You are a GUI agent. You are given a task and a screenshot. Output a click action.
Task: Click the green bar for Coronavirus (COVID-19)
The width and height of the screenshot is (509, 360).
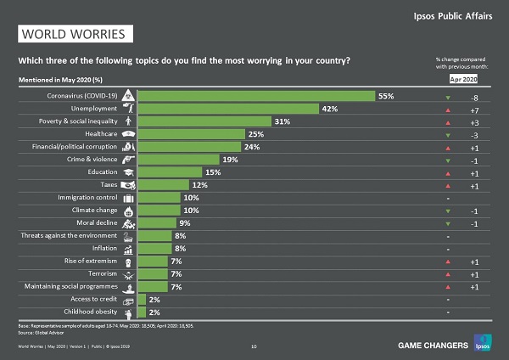tap(255, 96)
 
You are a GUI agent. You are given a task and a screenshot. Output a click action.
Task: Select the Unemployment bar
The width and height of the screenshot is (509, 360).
tap(227, 109)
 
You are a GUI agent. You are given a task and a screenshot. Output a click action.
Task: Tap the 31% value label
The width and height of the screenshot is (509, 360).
tap(282, 121)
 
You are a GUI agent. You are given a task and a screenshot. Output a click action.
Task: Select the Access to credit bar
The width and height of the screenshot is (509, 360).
tap(142, 299)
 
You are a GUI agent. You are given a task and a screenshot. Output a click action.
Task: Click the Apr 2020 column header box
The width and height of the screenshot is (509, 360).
tap(463, 79)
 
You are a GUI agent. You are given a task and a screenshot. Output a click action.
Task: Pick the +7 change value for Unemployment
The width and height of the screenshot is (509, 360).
tap(474, 110)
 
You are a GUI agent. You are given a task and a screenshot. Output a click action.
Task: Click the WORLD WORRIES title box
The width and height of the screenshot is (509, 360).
tap(76, 35)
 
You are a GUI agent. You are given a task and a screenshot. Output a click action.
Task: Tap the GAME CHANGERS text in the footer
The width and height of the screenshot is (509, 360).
tap(433, 346)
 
